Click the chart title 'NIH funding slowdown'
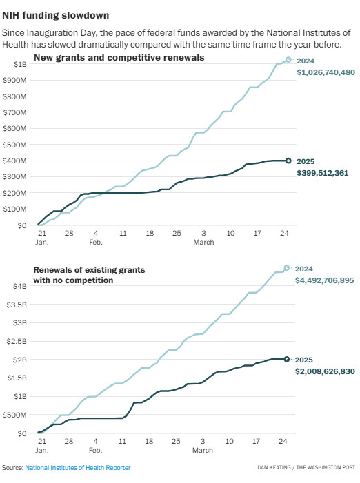pos(55,15)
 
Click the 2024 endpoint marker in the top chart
pos(288,60)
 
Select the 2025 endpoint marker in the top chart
pos(288,161)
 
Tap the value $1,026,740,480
pos(326,72)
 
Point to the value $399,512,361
pos(322,173)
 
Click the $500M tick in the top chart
pos(14,145)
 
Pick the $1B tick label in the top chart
pos(20,64)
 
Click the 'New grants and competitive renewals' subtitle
pos(119,58)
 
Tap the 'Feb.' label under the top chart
pos(96,242)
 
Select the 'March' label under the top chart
pos(203,242)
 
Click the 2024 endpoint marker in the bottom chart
pos(287,268)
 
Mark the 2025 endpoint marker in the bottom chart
pos(287,359)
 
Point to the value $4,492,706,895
pos(325,280)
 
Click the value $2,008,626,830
pos(325,371)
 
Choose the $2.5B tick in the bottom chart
pos(17,341)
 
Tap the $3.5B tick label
pos(17,305)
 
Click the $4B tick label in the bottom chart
pos(20,286)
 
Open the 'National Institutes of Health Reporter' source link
pos(78,468)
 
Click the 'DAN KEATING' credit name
pos(274,468)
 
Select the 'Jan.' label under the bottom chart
pos(42,450)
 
